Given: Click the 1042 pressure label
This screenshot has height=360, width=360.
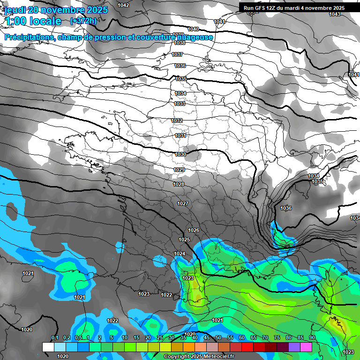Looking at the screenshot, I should pos(123,5).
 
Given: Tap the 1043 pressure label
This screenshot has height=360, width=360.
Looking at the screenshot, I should pos(335,14).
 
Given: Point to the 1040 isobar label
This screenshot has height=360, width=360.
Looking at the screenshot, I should pos(193,29).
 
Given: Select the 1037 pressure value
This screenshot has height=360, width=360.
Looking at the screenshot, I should pos(177,54).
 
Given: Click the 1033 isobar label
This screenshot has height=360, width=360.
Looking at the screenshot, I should pos(179,104).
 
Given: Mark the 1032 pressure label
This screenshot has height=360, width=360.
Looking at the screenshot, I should pos(177,120).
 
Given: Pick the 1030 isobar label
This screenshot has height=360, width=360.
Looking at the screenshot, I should pos(180,154).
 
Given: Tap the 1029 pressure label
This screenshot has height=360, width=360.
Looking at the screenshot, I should pos(179,170).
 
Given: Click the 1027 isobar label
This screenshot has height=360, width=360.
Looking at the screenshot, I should pos(183,203).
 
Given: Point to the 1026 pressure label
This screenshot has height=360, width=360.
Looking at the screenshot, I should pos(194,230).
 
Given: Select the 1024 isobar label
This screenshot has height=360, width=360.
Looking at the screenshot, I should pos(180,254).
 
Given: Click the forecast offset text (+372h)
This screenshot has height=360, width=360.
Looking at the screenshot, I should pos(83,21).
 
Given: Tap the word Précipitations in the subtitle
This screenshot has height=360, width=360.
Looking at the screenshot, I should pos(28,37).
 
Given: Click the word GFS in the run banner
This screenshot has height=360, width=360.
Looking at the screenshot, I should pos(259,8).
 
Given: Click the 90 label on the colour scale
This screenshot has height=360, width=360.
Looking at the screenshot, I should pos(312,338).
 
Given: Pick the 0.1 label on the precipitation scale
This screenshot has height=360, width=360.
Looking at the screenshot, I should pos(54,338).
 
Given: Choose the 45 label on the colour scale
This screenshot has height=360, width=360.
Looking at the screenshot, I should pos(206,338).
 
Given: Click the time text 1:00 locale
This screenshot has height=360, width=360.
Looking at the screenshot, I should pos(33,21).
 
